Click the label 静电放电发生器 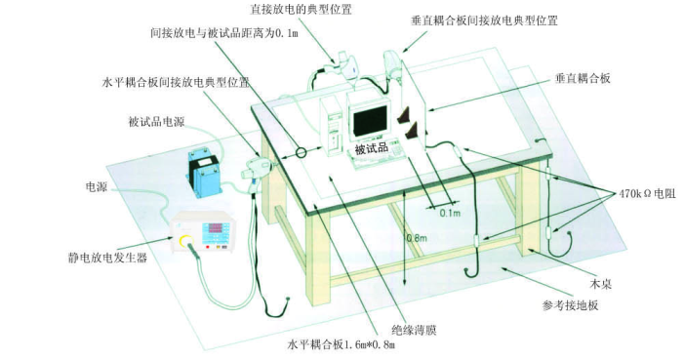click(x=107, y=258)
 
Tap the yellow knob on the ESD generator click(x=185, y=240)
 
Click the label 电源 click(x=97, y=188)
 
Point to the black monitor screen click(x=371, y=120)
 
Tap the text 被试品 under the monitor click(x=371, y=148)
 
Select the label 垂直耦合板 click(x=583, y=79)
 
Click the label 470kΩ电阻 click(x=647, y=194)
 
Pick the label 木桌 click(x=600, y=285)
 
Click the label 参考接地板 click(x=570, y=305)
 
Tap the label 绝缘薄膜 click(x=414, y=331)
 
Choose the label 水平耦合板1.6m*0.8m click(x=342, y=345)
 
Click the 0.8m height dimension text click(x=417, y=238)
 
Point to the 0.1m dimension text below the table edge click(x=450, y=213)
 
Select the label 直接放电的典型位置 click(x=301, y=9)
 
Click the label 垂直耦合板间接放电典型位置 click(x=484, y=20)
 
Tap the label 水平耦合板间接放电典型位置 click(x=176, y=83)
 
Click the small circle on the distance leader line click(x=301, y=153)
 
